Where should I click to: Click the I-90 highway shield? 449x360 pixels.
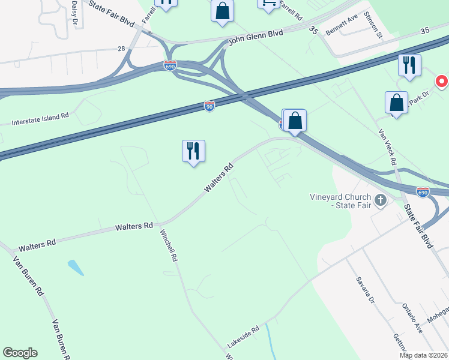pyautogui.click(x=209, y=106)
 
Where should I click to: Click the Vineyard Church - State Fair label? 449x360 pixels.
pyautogui.click(x=339, y=200)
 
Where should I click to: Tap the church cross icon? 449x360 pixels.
pyautogui.click(x=380, y=200)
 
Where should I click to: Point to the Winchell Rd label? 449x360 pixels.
pyautogui.click(x=169, y=246)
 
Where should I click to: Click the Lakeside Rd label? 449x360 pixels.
pyautogui.click(x=243, y=337)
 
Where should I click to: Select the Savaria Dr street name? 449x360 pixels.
pyautogui.click(x=364, y=290)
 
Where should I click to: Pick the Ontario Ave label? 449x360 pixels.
pyautogui.click(x=413, y=317)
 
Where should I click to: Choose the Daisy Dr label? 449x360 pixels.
pyautogui.click(x=74, y=11)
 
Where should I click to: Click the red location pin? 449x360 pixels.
pyautogui.click(x=442, y=81)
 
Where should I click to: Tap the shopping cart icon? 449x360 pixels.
pyautogui.click(x=269, y=3)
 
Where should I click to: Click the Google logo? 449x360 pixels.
pyautogui.click(x=20, y=353)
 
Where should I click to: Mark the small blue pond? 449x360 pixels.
pyautogui.click(x=75, y=268)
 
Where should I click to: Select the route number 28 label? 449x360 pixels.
pyautogui.click(x=121, y=49)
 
